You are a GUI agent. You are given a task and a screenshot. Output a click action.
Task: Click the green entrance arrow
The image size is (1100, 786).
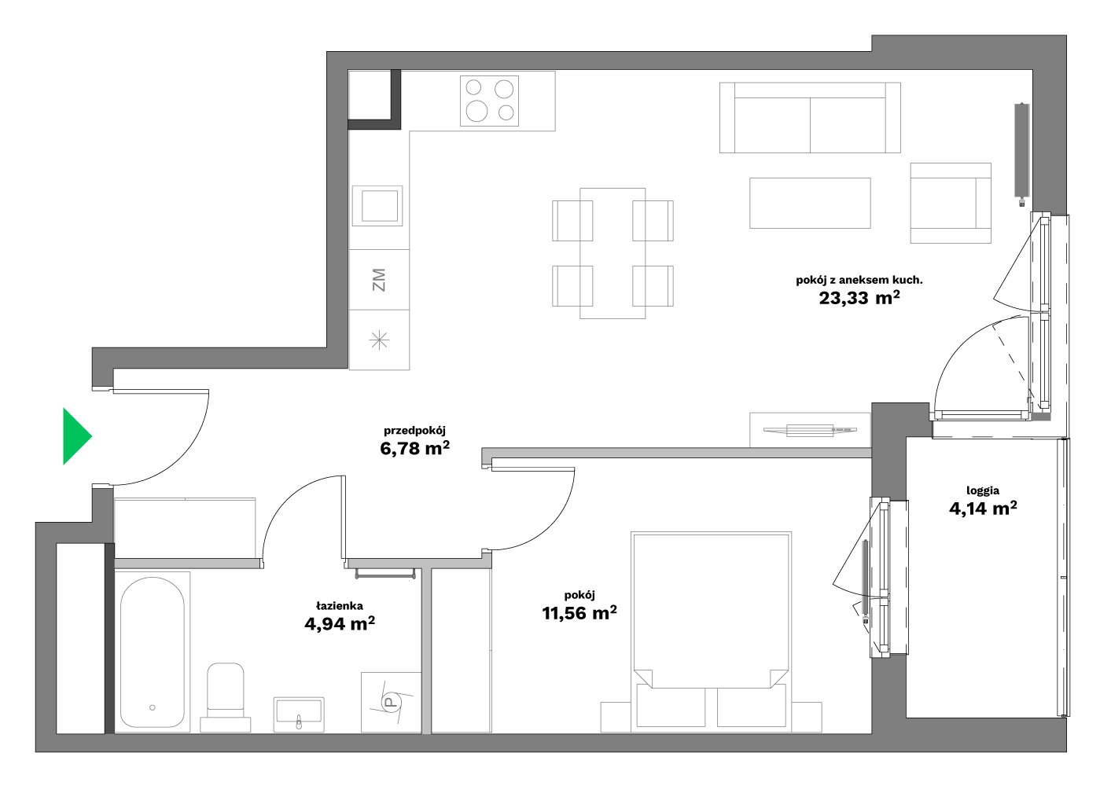(76, 436)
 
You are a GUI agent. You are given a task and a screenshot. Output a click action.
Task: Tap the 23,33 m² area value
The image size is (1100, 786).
(859, 298)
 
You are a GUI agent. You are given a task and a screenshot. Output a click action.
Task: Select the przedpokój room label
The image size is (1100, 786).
(414, 431)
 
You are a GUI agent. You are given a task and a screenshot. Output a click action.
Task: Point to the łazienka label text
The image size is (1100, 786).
(340, 606)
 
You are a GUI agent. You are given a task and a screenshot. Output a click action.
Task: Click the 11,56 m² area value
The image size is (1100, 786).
(579, 613)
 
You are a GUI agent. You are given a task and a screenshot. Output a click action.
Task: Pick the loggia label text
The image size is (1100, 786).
(983, 490)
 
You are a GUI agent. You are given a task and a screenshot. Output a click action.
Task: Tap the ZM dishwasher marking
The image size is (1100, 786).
(379, 279)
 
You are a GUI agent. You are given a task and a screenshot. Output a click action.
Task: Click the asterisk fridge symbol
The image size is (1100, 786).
(379, 340)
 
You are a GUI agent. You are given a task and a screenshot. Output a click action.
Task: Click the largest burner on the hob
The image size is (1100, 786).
(476, 111)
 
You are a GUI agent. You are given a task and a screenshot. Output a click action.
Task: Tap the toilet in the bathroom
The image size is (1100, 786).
(226, 697)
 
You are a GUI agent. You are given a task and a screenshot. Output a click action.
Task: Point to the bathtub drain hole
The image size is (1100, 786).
(153, 707)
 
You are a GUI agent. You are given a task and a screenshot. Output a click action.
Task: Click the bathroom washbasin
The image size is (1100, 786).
(299, 714)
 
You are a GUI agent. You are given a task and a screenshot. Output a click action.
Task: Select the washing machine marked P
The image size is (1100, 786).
(391, 703)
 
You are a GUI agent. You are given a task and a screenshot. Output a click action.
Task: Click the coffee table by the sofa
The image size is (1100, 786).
(810, 204)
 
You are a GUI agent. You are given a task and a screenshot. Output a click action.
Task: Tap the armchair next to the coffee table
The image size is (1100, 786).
(951, 204)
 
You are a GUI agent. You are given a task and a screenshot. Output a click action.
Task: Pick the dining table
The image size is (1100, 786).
(613, 253)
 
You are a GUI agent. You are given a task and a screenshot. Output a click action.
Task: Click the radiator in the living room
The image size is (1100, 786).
(1022, 153)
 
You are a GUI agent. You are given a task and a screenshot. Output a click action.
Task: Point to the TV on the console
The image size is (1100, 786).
(810, 430)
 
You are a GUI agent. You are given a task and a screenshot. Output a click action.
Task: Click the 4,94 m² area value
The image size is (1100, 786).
(340, 624)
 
